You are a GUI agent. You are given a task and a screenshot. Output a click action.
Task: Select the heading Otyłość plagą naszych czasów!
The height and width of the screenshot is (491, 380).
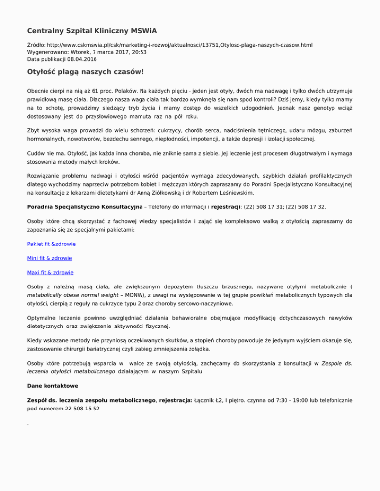pyautogui.click(x=85, y=72)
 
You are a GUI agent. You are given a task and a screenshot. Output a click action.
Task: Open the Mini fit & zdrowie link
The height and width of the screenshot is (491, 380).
pyautogui.click(x=52, y=258)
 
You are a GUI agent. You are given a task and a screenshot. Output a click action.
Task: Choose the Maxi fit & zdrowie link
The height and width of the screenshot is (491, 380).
pyautogui.click(x=53, y=272)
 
